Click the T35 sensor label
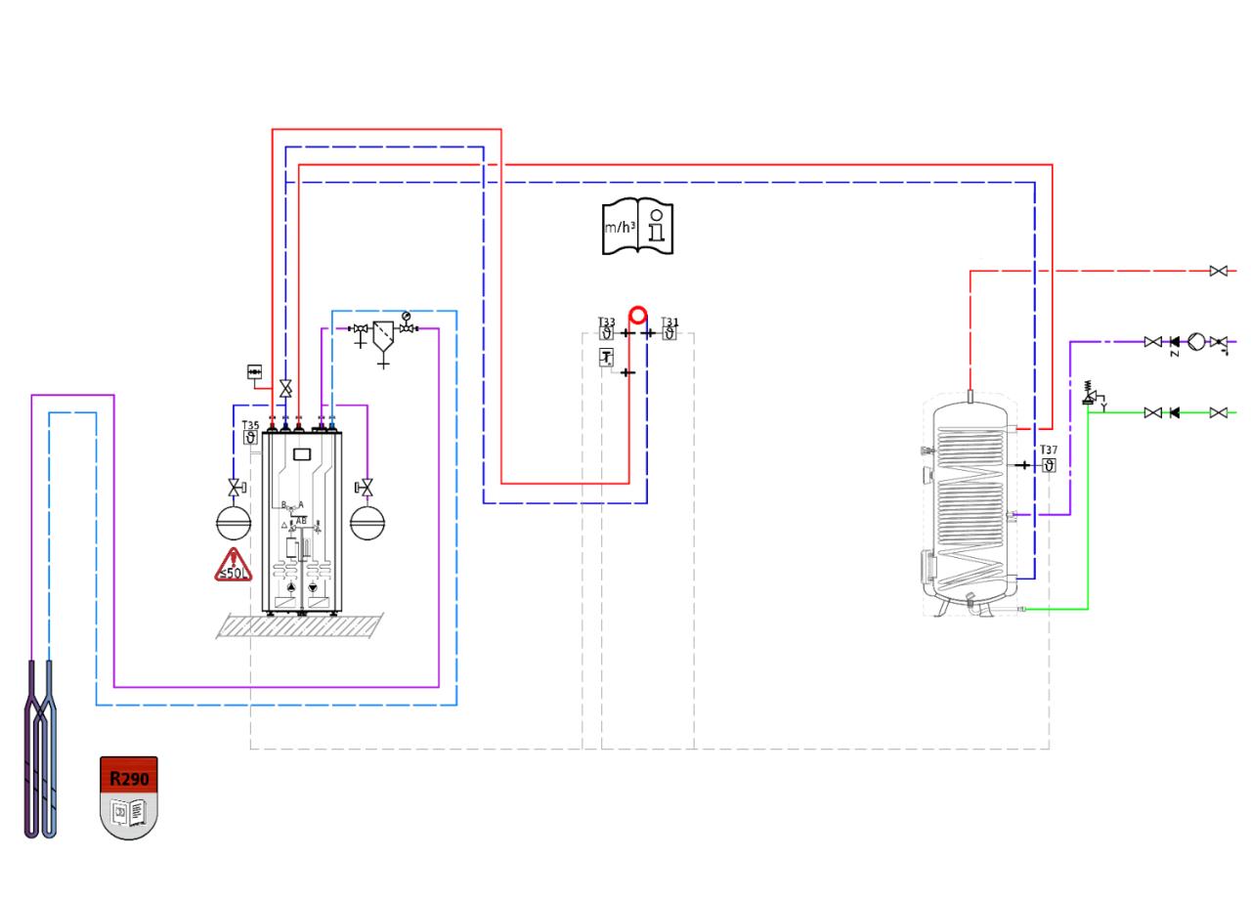coord(251,426)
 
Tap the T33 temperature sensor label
coord(607,322)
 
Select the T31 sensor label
coord(669,322)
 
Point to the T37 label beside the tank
coord(1049,450)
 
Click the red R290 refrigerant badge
coord(129,779)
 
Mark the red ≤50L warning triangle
coord(235,567)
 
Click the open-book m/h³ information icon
coord(637,227)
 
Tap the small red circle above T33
coord(638,316)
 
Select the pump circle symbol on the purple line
coord(1196,342)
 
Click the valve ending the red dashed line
coord(1218,271)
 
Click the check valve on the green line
coord(1175,412)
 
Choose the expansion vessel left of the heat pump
coord(234,523)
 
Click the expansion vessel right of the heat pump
coord(367,523)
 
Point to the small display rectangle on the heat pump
coord(302,453)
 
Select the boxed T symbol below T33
coord(607,358)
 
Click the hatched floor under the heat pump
coord(300,625)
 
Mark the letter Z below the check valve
coord(1174,353)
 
